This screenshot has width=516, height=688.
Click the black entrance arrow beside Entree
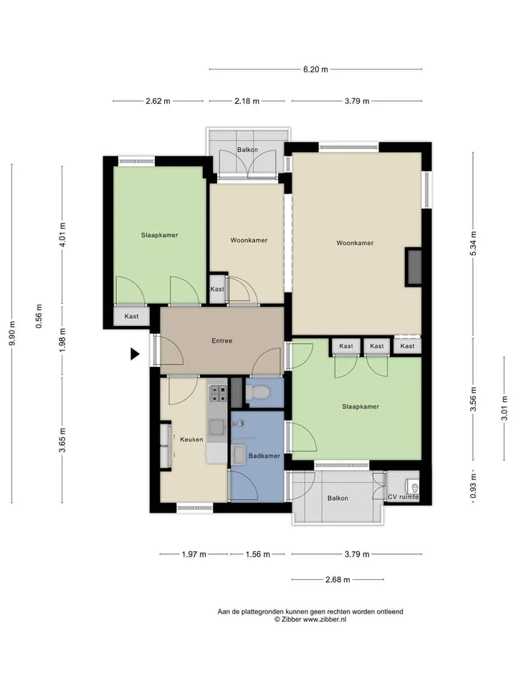click(135, 353)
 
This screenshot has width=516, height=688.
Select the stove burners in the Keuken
click(217, 393)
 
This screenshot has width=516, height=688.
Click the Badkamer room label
click(264, 456)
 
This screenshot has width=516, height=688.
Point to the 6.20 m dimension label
click(315, 70)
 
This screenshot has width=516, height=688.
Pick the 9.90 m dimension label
click(12, 333)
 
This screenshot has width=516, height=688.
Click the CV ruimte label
click(403, 497)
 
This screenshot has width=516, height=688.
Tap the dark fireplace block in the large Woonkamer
click(414, 267)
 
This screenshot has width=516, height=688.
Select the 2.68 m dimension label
click(338, 580)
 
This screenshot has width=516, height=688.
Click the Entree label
click(222, 340)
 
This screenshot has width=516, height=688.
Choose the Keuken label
click(192, 439)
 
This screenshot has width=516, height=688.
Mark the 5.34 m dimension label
click(473, 244)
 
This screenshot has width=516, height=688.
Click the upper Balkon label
click(247, 150)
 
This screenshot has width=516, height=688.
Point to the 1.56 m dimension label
click(257, 554)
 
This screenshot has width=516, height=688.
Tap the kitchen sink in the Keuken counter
click(217, 426)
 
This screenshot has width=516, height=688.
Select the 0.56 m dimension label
click(39, 316)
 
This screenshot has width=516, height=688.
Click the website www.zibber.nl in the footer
click(325, 619)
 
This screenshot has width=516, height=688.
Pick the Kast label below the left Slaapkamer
click(132, 316)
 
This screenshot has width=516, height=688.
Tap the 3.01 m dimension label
click(505, 408)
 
